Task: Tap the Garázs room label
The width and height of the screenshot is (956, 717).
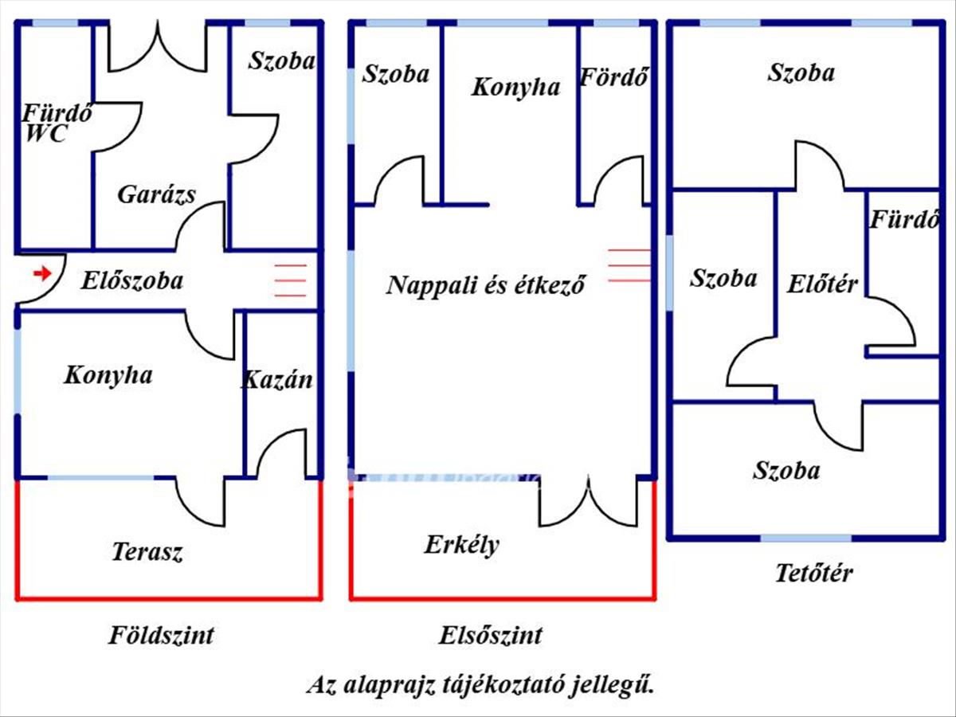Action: pyautogui.click(x=156, y=194)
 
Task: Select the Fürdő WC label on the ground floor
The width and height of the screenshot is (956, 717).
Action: pyautogui.click(x=55, y=123)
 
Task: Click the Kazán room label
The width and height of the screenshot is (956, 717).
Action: pyautogui.click(x=277, y=379)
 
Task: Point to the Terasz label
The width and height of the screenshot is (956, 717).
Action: pyautogui.click(x=147, y=551)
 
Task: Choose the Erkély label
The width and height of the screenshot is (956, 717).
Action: pyautogui.click(x=461, y=545)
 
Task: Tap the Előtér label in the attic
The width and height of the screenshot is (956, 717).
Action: pyautogui.click(x=822, y=283)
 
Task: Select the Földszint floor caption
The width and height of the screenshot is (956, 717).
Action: pyautogui.click(x=161, y=636)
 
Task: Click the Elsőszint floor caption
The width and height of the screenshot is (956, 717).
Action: pyautogui.click(x=490, y=636)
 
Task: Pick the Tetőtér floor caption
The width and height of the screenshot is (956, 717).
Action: pyautogui.click(x=813, y=572)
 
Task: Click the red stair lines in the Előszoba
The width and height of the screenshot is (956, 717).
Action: pyautogui.click(x=290, y=280)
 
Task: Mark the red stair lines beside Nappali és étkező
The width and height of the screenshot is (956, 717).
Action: pyautogui.click(x=629, y=265)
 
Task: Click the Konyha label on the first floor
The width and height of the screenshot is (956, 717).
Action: pyautogui.click(x=515, y=87)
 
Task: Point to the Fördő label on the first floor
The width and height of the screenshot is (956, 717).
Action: pyautogui.click(x=613, y=78)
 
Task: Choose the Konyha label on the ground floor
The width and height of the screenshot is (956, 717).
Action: pyautogui.click(x=108, y=375)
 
